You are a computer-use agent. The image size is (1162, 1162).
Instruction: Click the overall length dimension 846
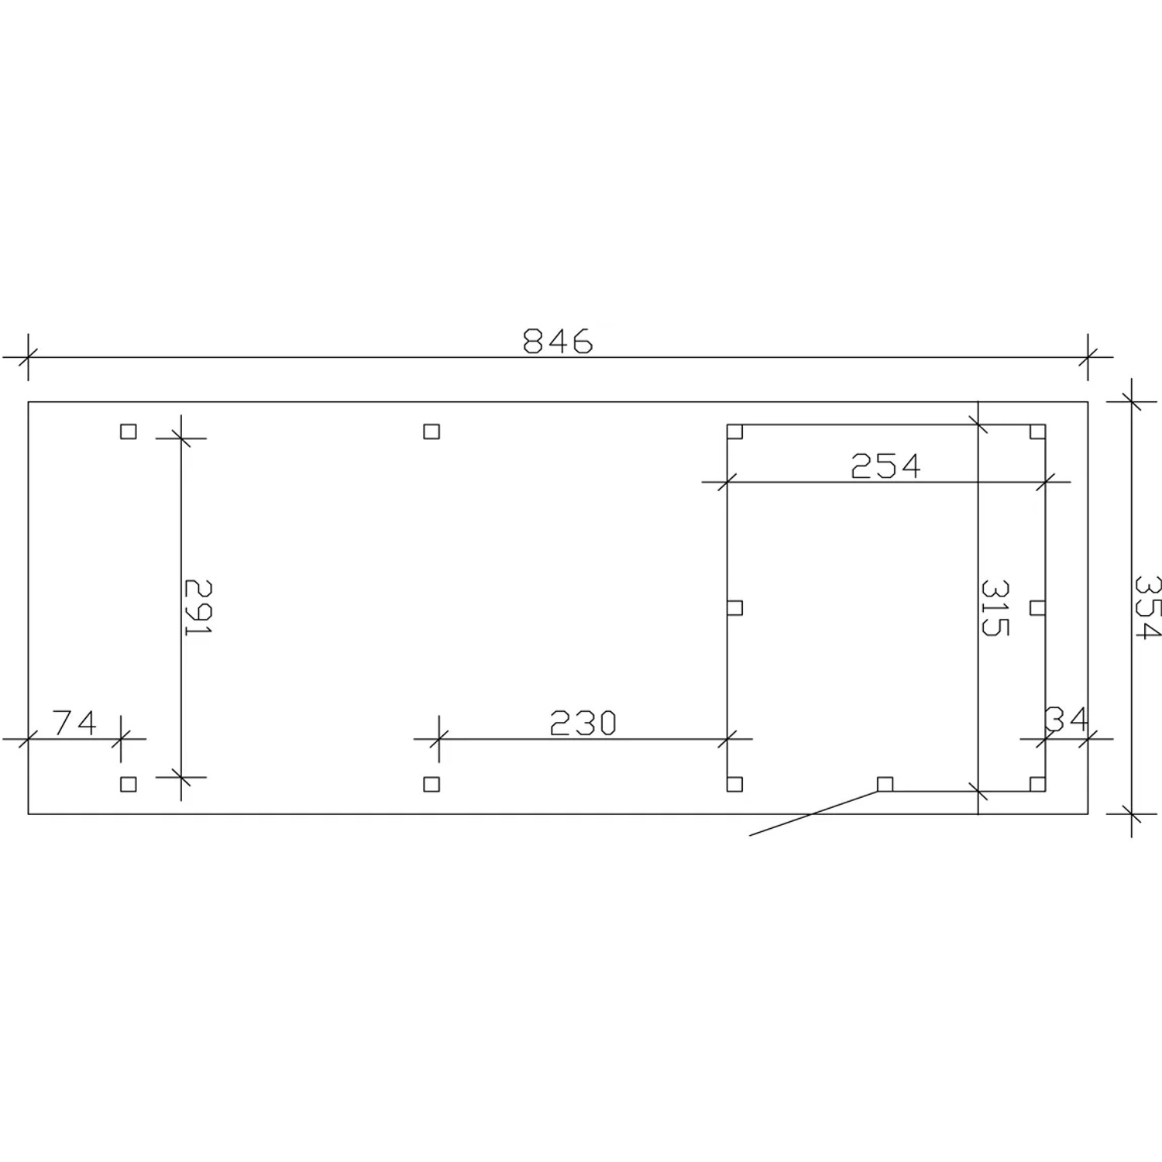[558, 342]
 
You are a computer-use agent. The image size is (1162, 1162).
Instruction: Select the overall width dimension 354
[1147, 607]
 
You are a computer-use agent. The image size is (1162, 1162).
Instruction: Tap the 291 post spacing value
[198, 607]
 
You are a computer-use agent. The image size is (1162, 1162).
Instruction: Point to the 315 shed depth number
[995, 607]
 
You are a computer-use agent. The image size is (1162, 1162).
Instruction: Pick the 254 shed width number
[885, 466]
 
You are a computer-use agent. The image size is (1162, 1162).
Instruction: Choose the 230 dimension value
[583, 724]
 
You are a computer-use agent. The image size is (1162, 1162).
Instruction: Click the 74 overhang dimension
[75, 724]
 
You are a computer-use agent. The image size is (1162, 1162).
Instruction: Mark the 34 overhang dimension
[1067, 720]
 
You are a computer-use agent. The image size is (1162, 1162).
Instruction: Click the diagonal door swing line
[813, 813]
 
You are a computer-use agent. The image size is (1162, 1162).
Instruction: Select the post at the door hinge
[885, 784]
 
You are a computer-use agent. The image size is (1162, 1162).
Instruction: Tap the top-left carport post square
[129, 431]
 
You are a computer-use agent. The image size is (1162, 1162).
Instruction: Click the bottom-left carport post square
[129, 784]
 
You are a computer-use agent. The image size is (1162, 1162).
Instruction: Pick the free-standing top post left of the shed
[431, 431]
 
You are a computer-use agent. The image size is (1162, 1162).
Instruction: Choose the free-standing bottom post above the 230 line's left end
[431, 784]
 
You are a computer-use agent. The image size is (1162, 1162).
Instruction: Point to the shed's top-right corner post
[1037, 432]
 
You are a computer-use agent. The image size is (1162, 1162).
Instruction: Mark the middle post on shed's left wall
[735, 607]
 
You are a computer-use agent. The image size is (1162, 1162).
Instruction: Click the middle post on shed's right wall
[1037, 607]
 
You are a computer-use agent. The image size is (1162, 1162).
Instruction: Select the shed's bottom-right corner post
[1037, 783]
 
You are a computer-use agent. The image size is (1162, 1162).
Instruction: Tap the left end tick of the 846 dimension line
[28, 357]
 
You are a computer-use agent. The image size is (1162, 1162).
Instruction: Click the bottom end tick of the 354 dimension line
[1132, 814]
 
